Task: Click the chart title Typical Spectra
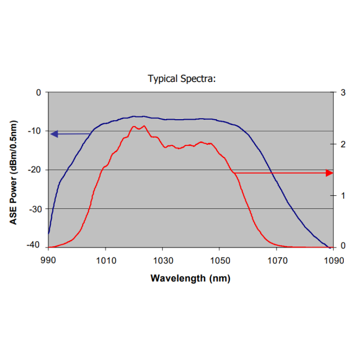[182, 79]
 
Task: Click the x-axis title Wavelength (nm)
[190, 278]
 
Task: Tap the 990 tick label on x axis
[48, 260]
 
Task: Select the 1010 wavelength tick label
[105, 260]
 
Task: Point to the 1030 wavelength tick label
[162, 260]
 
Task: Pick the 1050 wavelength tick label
[219, 260]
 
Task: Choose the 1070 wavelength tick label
[276, 260]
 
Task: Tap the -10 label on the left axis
[35, 131]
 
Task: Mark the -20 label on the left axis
[35, 170]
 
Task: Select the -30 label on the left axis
[35, 209]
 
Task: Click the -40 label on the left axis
[35, 246]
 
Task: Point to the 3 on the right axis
[343, 92]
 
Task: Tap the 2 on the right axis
[343, 144]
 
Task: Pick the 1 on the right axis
[343, 196]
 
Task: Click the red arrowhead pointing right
[330, 173]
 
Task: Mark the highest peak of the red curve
[144, 126]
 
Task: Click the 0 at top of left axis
[38, 92]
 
